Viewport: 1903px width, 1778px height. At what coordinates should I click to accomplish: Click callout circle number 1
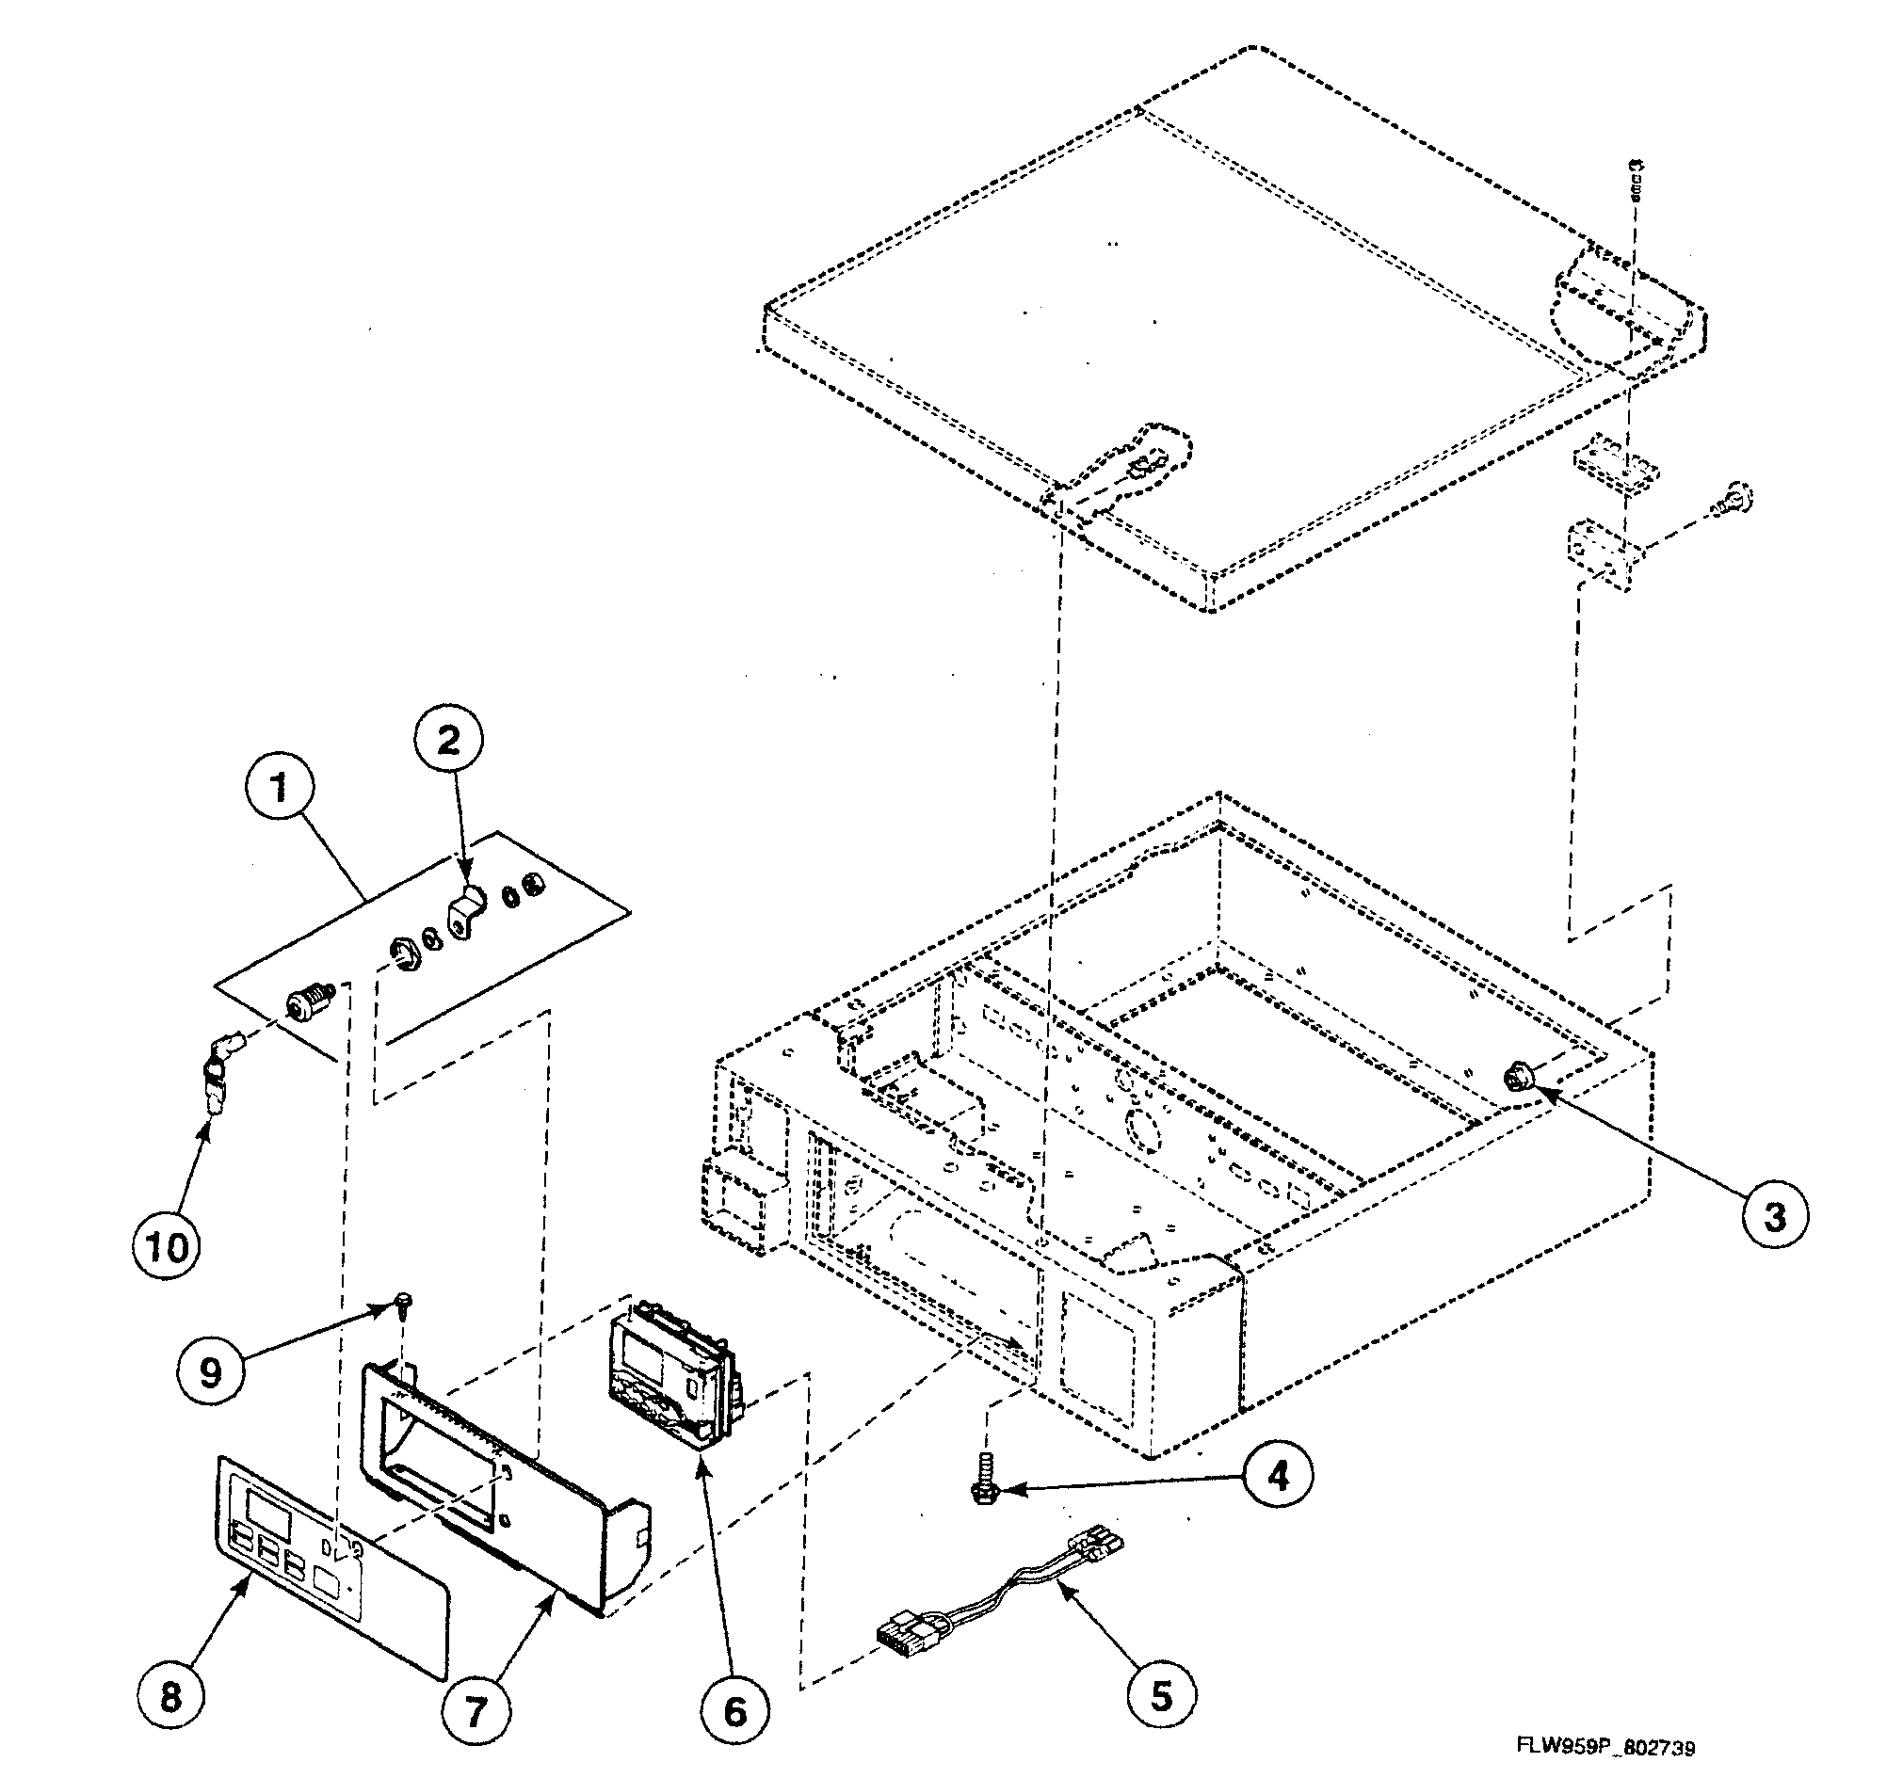pyautogui.click(x=279, y=789)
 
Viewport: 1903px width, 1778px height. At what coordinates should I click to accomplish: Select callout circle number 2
pyautogui.click(x=448, y=739)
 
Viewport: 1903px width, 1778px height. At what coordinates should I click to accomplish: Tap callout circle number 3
pyautogui.click(x=1774, y=1216)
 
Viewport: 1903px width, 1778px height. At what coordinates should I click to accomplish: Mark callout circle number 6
pyautogui.click(x=734, y=1711)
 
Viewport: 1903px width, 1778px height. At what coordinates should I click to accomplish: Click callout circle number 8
pyautogui.click(x=170, y=1698)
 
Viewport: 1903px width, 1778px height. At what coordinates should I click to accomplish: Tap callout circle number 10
pyautogui.click(x=168, y=1247)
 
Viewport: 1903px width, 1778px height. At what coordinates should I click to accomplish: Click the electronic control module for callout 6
pyautogui.click(x=670, y=1370)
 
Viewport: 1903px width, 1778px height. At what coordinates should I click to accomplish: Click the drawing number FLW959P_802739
pyautogui.click(x=1605, y=1747)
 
